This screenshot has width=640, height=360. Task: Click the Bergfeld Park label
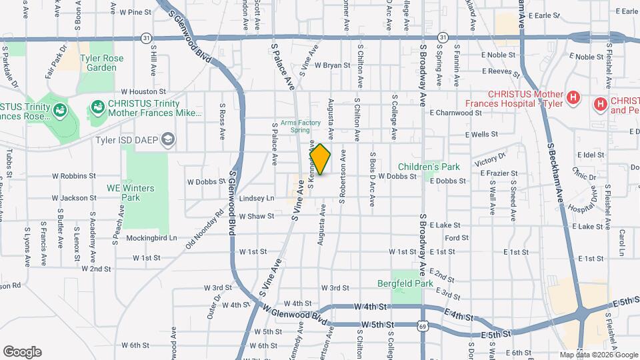pos(415,283)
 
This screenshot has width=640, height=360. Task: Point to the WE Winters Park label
pos(131,193)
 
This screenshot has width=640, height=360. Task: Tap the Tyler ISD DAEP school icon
pos(169,140)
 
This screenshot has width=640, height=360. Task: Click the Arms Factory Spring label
pos(301,125)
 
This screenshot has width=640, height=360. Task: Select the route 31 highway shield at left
pos(145,38)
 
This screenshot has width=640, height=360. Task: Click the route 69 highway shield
pos(423,325)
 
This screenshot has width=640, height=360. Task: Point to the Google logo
pos(22,351)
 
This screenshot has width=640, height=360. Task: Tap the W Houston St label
pos(143,91)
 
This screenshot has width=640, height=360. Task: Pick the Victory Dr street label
pos(491,160)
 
